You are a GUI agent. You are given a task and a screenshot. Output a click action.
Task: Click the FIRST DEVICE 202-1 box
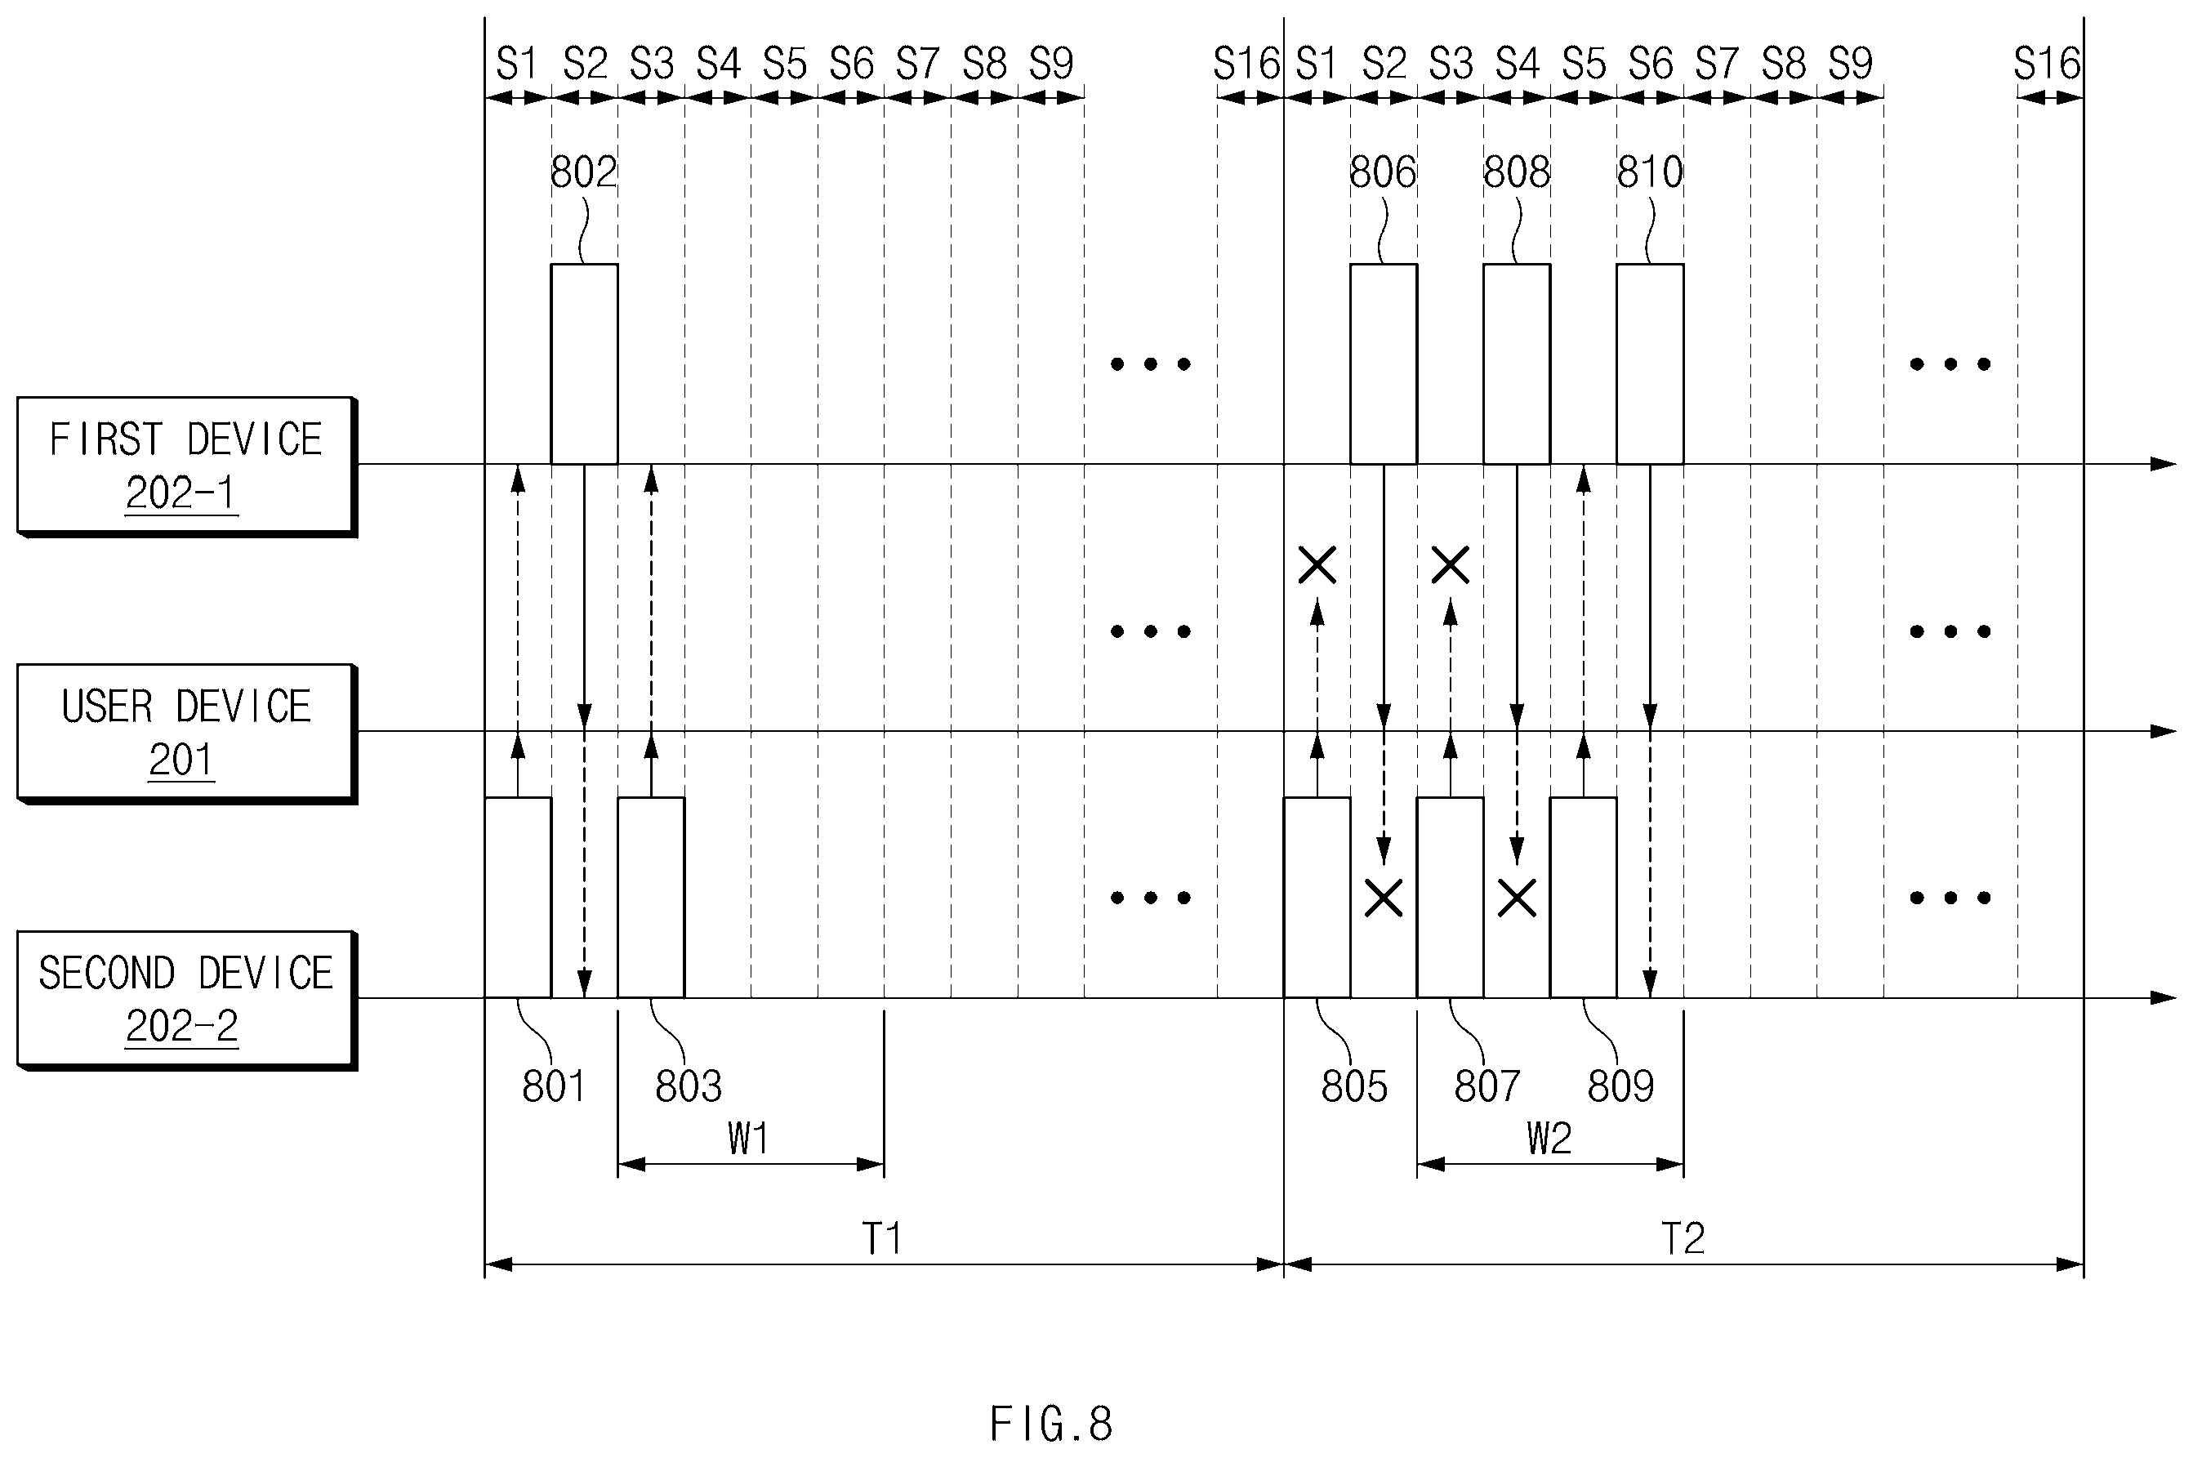186,466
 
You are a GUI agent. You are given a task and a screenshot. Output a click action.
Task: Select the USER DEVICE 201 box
186,733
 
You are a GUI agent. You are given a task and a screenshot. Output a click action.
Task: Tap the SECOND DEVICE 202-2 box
186,1000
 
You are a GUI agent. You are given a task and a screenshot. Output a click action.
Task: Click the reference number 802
584,173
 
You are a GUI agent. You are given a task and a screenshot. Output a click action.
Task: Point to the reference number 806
1382,173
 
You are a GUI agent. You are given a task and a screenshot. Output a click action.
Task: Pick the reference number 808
1516,173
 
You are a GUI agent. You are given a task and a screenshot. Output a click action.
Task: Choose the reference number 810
1650,173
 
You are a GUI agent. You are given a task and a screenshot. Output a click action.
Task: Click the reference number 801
554,1086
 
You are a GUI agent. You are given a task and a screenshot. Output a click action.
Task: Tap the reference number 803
688,1086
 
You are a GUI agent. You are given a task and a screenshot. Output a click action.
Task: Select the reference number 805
1354,1086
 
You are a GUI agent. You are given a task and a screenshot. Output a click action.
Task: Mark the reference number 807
1487,1086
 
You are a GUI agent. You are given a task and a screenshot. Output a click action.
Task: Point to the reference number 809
1620,1086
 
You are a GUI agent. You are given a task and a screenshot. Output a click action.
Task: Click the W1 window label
748,1138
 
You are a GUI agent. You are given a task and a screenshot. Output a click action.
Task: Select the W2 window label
1549,1138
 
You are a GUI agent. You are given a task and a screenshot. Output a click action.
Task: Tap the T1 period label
882,1238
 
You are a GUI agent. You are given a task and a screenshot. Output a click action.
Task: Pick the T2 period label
1683,1238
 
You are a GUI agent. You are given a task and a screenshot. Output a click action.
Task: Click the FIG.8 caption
1051,1424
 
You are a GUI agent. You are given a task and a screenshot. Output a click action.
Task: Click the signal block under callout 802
584,363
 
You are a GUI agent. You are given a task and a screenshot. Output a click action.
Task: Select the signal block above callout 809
1583,898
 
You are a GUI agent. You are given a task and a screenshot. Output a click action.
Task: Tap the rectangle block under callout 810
1650,363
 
